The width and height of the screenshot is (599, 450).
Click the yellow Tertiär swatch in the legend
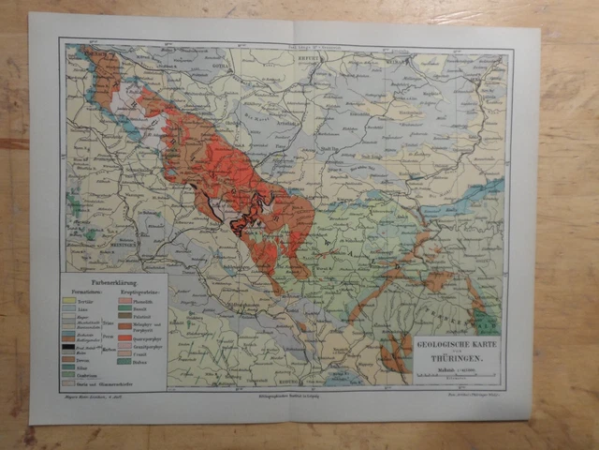coord(68,300)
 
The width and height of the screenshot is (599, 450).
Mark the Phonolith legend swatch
coord(124,300)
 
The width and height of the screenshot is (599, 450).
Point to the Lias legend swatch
coord(68,308)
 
